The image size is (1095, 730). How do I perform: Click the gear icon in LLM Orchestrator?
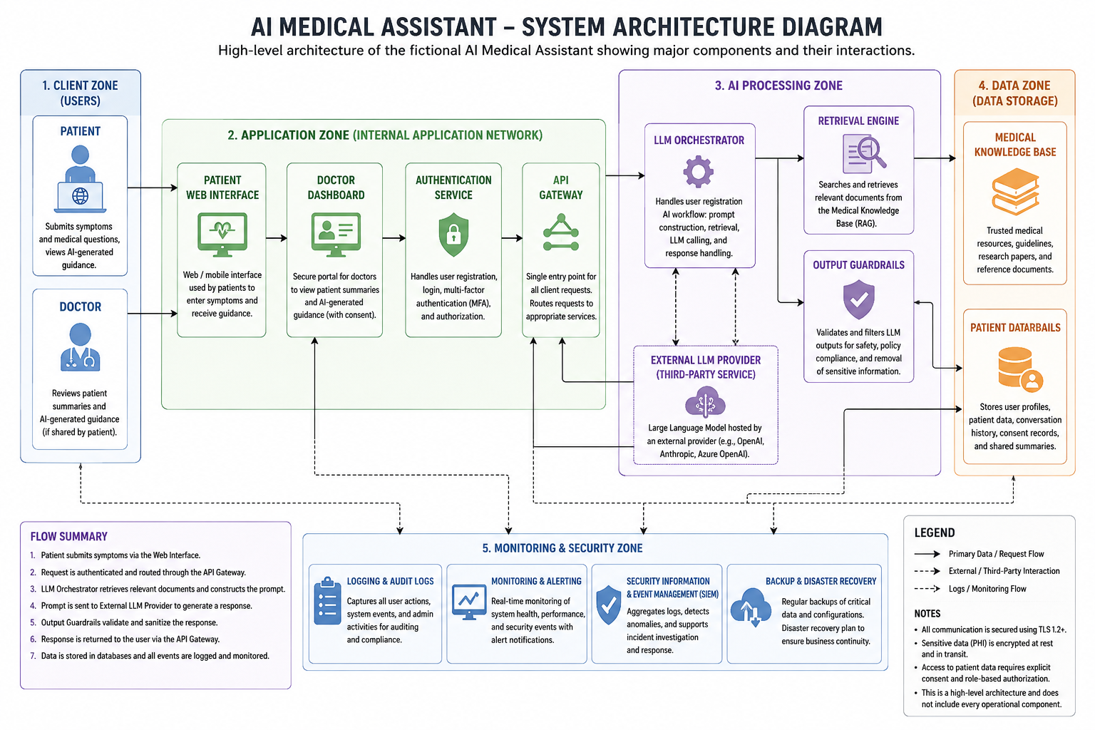click(x=698, y=172)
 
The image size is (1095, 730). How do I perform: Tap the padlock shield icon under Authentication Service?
click(x=453, y=235)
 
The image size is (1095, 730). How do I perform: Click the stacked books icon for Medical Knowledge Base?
click(x=1015, y=192)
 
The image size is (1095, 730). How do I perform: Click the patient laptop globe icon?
click(x=80, y=179)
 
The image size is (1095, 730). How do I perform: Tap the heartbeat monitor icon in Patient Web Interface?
click(x=222, y=235)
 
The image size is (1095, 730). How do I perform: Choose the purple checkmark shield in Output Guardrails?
click(x=858, y=299)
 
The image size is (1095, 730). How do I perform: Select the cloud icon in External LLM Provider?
click(x=705, y=402)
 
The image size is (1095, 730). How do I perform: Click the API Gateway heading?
click(x=561, y=187)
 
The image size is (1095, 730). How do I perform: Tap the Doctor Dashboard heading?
click(x=336, y=187)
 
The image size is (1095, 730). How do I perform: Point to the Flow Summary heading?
click(x=69, y=536)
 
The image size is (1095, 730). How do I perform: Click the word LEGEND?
click(x=934, y=533)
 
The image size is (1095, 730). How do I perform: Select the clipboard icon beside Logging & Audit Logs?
click(x=327, y=601)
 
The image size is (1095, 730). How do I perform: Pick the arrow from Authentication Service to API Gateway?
click(x=512, y=238)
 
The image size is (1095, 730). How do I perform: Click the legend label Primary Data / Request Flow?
click(x=996, y=554)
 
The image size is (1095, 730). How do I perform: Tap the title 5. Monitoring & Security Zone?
click(x=562, y=548)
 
